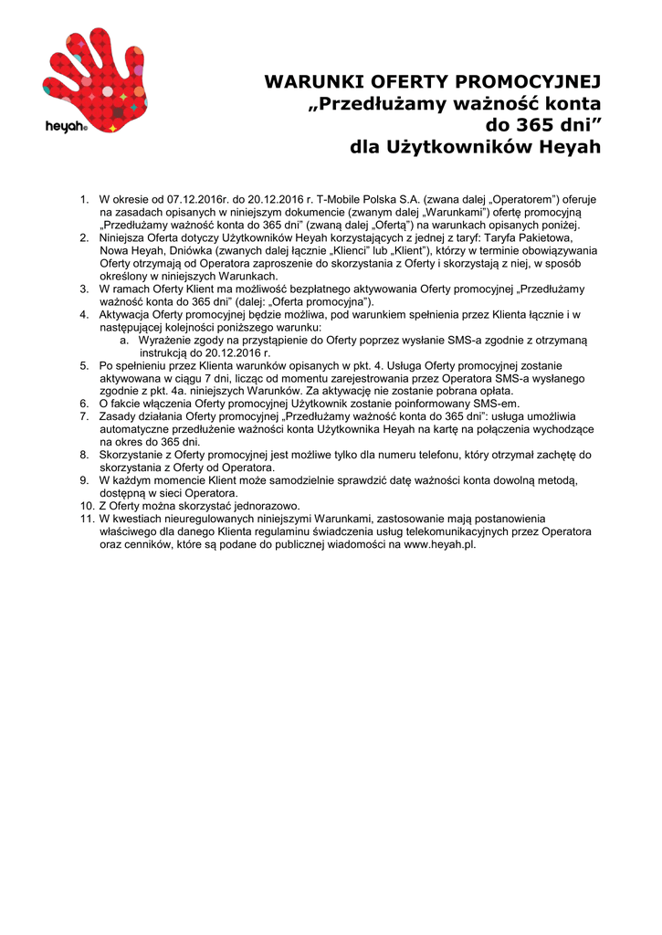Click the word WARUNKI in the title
(308, 83)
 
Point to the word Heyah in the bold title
(569, 147)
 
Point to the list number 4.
(83, 314)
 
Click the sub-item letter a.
(123, 340)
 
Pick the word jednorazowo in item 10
(266, 506)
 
